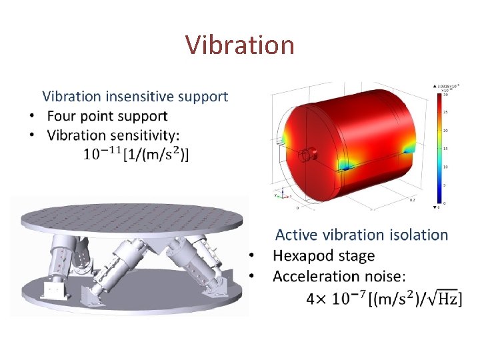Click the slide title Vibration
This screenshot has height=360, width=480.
coord(239,45)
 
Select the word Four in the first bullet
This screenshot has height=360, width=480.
coord(63,116)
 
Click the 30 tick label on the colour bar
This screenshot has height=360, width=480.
coord(445,95)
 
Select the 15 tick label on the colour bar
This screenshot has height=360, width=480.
coord(445,149)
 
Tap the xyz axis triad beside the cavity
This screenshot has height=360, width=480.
coord(281,194)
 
